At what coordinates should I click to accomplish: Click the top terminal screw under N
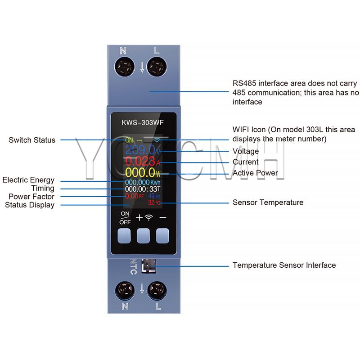coord(124,68)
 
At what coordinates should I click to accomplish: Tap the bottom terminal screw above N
coord(124,290)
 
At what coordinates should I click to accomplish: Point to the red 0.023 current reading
coord(140,161)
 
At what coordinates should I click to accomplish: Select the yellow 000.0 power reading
coord(139,172)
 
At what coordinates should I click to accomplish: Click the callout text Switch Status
coord(32,140)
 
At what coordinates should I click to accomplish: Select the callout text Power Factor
coord(31,197)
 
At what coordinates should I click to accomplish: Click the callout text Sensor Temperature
coord(268,202)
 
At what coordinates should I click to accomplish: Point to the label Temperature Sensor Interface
coord(284,265)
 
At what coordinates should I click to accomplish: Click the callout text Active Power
coord(255,173)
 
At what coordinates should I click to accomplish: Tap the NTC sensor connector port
coord(147,266)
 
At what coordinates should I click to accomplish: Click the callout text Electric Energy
coord(28,180)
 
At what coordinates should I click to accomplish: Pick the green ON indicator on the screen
coord(130,139)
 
